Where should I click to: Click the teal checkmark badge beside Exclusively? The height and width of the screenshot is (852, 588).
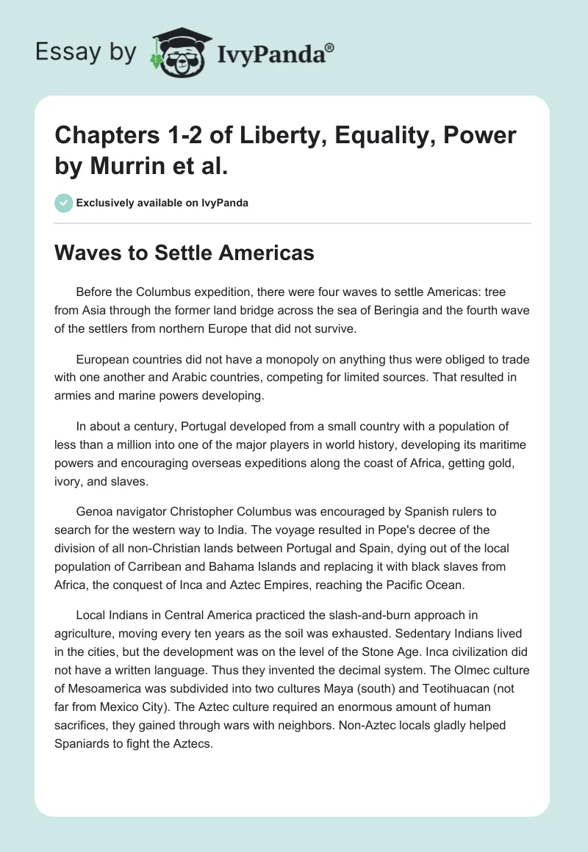64,203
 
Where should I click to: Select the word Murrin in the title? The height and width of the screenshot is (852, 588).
123,166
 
